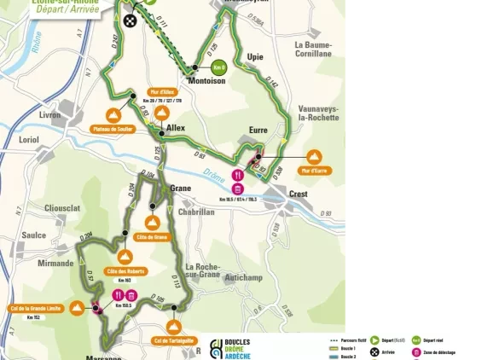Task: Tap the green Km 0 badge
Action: tap(220, 67)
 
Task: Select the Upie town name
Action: tap(255, 57)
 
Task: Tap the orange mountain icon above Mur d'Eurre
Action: tap(314, 157)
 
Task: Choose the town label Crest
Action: tap(299, 194)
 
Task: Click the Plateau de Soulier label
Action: tap(113, 129)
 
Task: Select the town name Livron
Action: tap(50, 113)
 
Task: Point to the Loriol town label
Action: tap(28, 138)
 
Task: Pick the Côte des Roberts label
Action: tap(125, 271)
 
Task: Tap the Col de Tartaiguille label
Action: tap(174, 340)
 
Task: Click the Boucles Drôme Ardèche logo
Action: tap(242, 346)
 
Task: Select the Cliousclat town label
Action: tap(62, 207)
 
